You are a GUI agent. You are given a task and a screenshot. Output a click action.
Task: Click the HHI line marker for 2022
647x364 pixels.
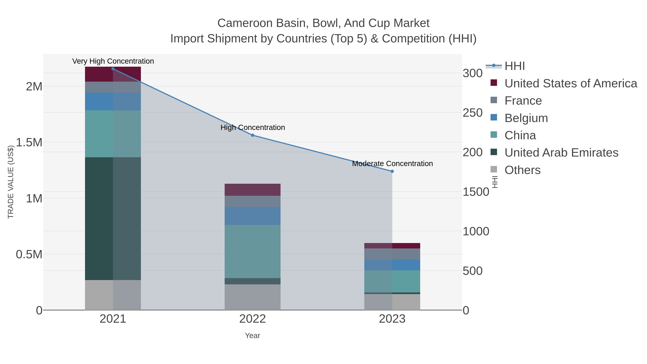253,135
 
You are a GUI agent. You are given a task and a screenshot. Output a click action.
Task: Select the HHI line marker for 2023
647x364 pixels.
392,171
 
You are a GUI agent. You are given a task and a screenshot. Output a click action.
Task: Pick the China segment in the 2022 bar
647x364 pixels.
253,251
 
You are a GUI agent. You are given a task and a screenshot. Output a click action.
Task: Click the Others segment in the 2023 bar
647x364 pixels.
392,302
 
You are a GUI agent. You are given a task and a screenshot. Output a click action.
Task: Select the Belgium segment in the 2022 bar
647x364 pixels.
253,216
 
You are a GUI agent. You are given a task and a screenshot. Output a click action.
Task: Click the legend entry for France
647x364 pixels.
523,101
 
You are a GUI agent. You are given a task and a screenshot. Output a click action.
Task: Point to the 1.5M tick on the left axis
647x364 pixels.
29,142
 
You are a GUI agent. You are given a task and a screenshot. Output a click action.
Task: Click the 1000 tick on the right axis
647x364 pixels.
476,231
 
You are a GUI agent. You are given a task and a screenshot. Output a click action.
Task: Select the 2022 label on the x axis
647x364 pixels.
253,319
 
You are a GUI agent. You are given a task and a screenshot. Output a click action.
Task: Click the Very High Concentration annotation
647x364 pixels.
113,61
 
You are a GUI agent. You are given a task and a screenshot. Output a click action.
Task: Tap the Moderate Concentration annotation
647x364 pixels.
392,164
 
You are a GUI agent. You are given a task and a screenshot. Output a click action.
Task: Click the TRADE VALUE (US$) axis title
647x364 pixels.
11,182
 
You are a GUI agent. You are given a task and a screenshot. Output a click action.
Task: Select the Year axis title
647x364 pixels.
253,336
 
